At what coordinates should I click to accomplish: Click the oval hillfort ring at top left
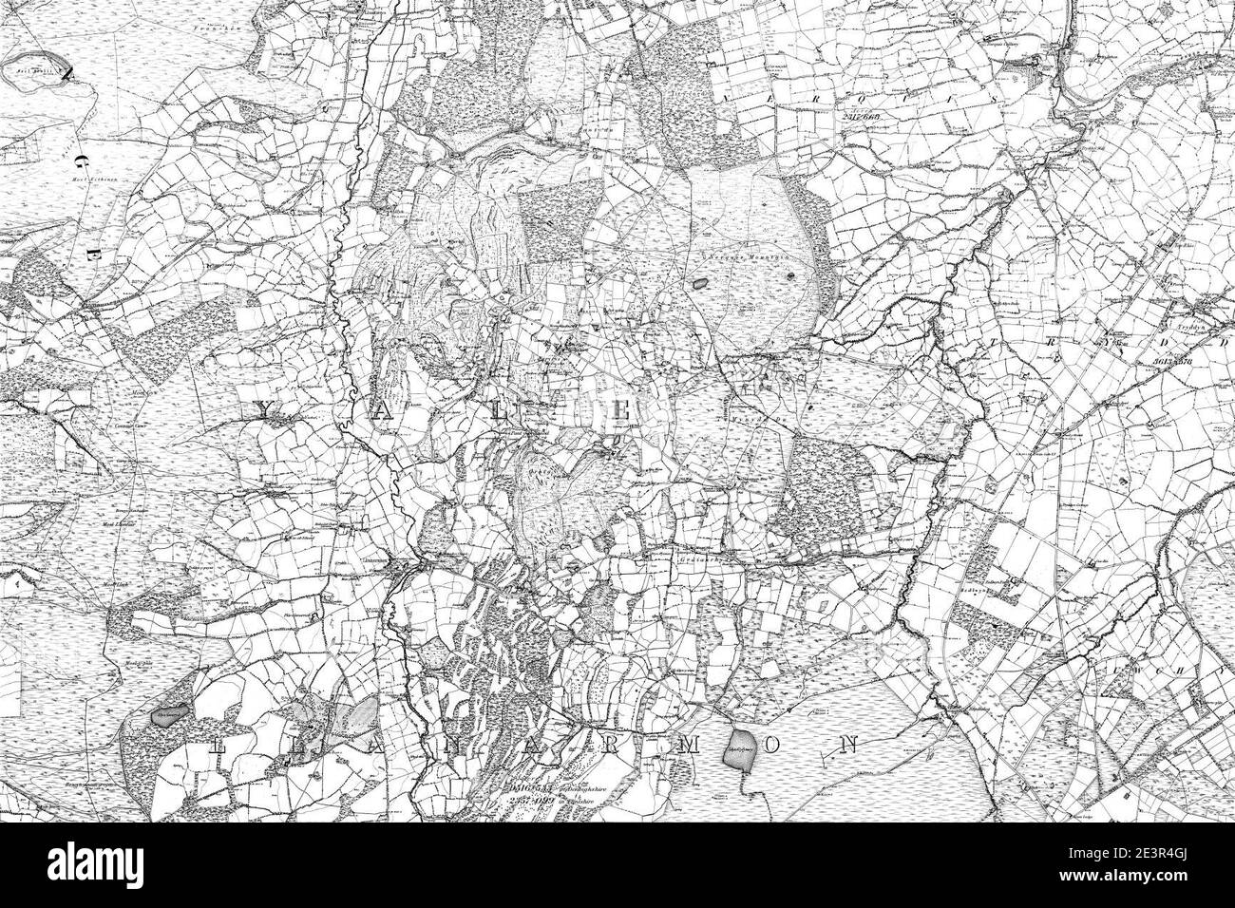[x=36, y=72]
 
